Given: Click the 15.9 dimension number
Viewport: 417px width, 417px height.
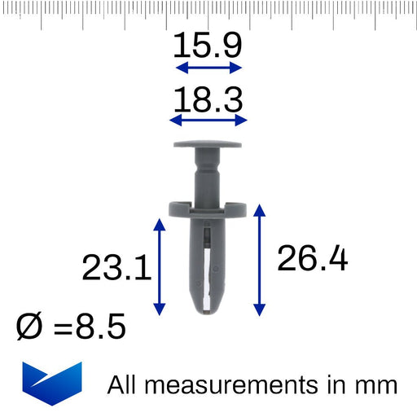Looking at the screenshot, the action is click(208, 45).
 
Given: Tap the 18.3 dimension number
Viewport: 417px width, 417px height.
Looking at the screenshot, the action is click(208, 99).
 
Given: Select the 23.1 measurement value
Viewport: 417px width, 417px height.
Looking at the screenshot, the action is click(116, 268).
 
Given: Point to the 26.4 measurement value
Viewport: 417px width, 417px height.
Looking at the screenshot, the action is click(312, 258).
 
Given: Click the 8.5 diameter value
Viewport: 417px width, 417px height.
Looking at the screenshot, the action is click(100, 326).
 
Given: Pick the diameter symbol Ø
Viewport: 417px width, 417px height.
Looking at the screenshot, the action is click(29, 326).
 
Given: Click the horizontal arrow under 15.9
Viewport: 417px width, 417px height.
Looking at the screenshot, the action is click(208, 68).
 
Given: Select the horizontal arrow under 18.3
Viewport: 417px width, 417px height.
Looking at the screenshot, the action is click(208, 120).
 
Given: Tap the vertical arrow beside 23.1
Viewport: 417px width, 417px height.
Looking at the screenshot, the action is click(160, 267).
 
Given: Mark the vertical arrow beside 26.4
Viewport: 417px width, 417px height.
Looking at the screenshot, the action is click(260, 260).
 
